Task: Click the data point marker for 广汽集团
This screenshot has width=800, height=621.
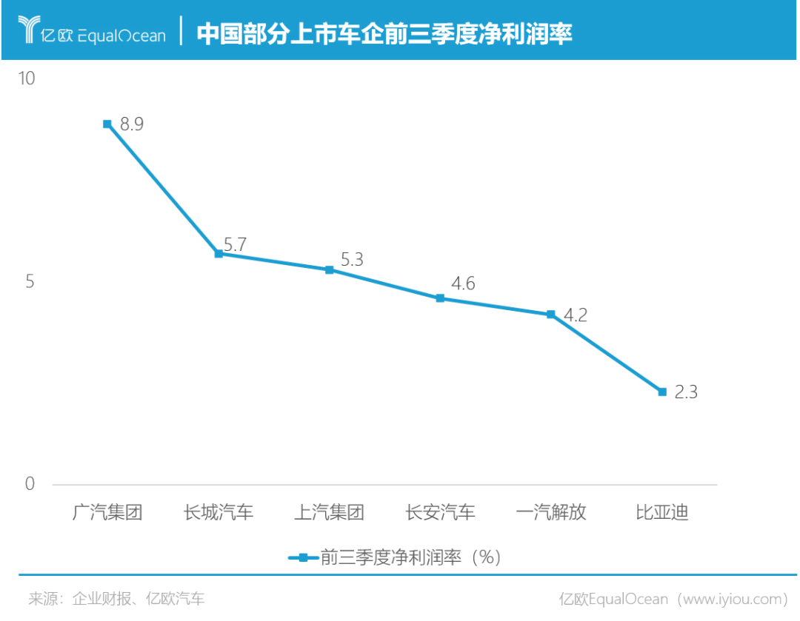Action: (x=107, y=124)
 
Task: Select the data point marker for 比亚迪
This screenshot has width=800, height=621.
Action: (x=662, y=392)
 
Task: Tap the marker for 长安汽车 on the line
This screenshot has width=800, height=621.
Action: (x=440, y=298)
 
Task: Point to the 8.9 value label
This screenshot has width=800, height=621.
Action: (x=132, y=124)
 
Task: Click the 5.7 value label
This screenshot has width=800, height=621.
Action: (x=234, y=245)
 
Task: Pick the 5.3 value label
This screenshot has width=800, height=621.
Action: (x=353, y=260)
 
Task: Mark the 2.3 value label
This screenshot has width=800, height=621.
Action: (x=686, y=392)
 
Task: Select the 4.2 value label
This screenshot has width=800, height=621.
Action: (x=576, y=315)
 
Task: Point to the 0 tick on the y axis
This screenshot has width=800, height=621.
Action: (x=30, y=484)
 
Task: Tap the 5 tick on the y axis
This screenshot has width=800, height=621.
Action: (x=30, y=282)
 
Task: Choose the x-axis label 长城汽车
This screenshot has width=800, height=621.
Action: (x=219, y=512)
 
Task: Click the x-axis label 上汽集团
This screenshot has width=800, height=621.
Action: (x=330, y=512)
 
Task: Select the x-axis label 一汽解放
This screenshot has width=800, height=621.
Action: (x=551, y=512)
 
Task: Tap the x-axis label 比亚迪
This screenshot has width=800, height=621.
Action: (x=662, y=512)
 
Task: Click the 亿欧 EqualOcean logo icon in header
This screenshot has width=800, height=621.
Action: (x=28, y=31)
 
